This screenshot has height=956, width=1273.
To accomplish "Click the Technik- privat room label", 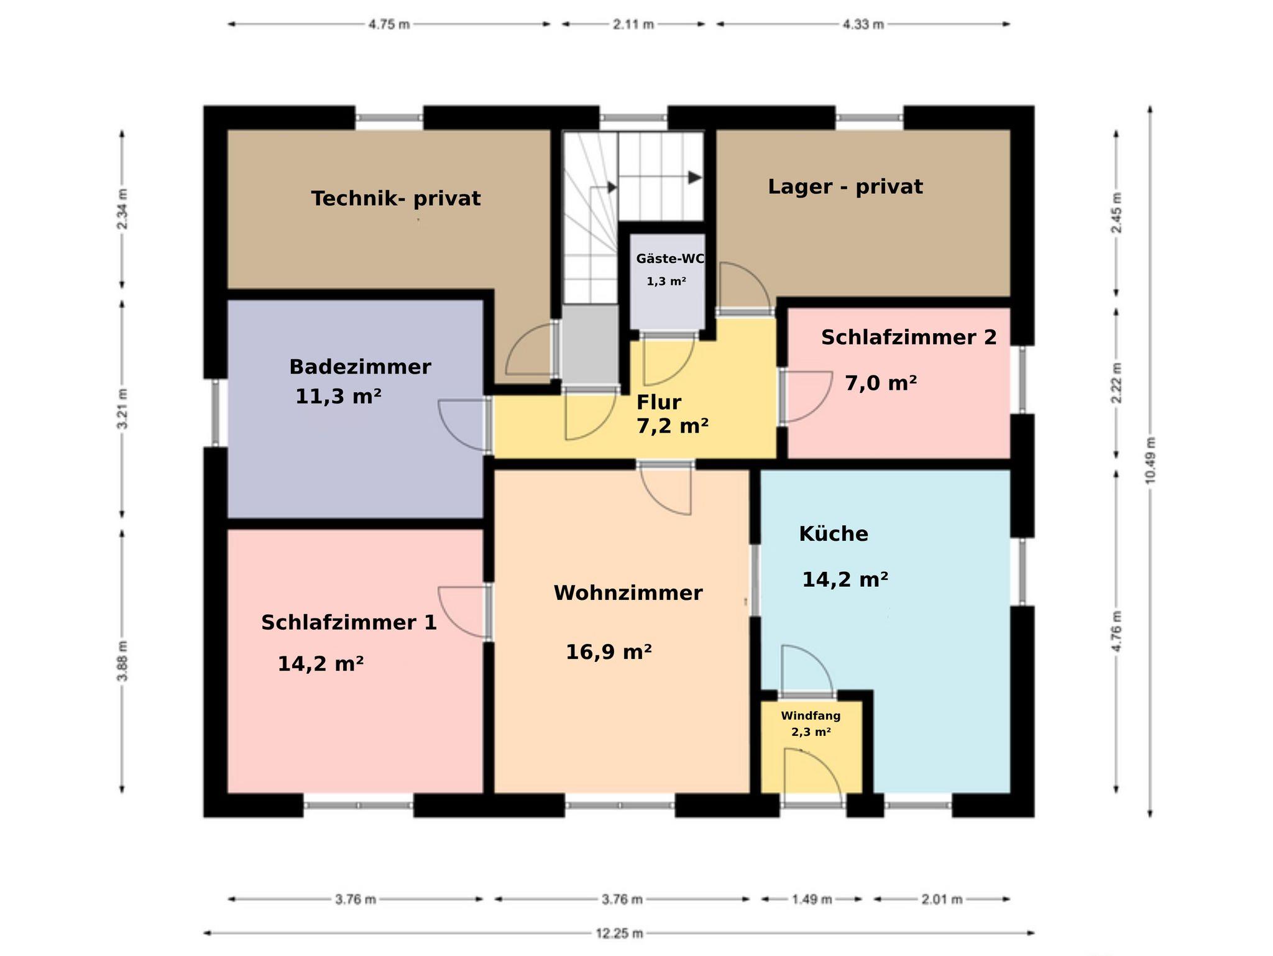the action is (396, 199).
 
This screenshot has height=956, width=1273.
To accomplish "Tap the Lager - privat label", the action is (845, 187).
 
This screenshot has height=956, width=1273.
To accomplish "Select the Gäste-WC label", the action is (670, 259).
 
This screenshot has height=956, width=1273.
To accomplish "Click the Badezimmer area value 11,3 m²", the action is (338, 396).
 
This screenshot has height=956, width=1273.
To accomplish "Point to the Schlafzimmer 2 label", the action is (909, 338).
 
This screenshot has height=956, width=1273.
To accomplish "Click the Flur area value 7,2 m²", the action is (673, 426).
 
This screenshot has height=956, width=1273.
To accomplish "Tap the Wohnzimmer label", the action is (628, 593).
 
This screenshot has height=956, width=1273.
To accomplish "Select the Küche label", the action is (834, 533).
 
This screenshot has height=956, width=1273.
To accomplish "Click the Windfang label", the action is (811, 716).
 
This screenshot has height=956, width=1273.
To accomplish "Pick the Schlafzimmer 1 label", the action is (349, 622).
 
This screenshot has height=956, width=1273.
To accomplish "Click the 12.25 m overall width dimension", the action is (619, 932).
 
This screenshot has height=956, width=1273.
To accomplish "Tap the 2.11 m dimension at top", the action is (633, 24).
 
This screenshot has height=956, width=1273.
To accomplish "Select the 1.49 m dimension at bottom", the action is (812, 899).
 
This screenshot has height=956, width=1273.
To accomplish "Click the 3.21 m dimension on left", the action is (122, 409).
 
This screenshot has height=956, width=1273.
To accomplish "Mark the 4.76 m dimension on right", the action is (1118, 632).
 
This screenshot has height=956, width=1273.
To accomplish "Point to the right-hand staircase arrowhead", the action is (695, 177).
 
